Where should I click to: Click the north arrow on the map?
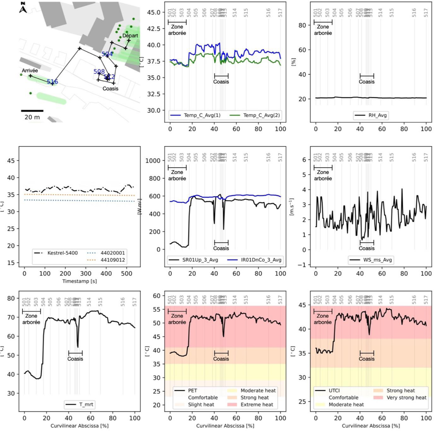pyautogui.click(x=23, y=7)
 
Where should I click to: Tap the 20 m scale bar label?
pyautogui.click(x=32, y=117)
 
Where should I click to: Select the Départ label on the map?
pyautogui.click(x=130, y=36)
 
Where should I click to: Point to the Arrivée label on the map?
pyautogui.click(x=30, y=70)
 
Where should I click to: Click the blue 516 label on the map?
pyautogui.click(x=52, y=82)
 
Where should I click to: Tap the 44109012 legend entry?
pyautogui.click(x=113, y=260)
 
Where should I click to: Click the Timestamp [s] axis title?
pyautogui.click(x=79, y=281)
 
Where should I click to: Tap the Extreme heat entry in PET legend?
pyautogui.click(x=257, y=404)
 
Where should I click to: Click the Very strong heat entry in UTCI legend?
pyautogui.click(x=406, y=397)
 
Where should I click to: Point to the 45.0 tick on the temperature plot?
pyautogui.click(x=153, y=12)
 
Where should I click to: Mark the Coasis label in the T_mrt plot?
pyautogui.click(x=75, y=359)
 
